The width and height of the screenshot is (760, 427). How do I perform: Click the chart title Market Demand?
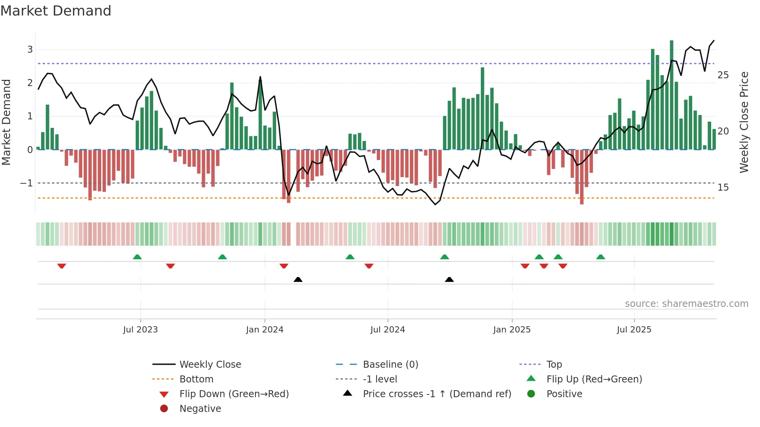coord(56,11)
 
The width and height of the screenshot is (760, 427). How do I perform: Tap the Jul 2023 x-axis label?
coord(140,330)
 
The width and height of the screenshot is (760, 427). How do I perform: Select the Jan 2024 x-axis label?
coord(265,330)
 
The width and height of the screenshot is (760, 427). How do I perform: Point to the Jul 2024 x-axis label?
coord(388,330)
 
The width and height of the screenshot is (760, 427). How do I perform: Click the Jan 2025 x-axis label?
coord(512,330)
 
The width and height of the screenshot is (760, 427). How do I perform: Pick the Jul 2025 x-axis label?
coord(634,330)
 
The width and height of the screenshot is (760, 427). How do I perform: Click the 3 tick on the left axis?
coord(30,50)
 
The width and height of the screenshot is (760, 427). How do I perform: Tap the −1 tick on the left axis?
coord(27,183)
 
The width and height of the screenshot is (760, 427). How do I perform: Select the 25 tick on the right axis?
coord(723,75)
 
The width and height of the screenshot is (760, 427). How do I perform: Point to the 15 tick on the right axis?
coord(723,188)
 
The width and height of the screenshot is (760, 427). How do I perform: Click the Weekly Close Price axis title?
coord(744,122)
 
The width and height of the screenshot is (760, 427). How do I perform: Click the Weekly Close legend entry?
coord(210,365)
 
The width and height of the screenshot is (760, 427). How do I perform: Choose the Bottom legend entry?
coord(196,379)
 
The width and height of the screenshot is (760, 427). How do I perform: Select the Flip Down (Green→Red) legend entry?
coord(234,394)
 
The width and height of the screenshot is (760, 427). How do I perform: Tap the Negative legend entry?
coord(200,409)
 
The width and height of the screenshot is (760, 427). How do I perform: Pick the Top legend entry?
coord(554,365)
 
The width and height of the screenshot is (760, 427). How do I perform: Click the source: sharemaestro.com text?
coord(686,304)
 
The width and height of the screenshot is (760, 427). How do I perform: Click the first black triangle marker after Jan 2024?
coord(298,279)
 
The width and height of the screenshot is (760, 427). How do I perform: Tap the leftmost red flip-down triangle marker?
coord(62,266)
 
